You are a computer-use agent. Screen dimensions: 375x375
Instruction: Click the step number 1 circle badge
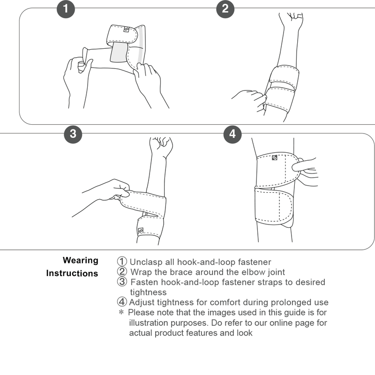[66, 8]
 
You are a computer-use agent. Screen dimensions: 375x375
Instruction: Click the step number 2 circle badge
[225, 8]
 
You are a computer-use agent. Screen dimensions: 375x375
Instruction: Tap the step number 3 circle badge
[73, 134]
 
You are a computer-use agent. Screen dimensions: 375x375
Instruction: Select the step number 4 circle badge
[232, 134]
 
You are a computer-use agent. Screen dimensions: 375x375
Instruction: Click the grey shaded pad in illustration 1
[119, 54]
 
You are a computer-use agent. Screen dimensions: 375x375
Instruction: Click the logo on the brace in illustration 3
[140, 231]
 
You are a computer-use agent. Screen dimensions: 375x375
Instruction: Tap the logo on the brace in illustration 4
[274, 157]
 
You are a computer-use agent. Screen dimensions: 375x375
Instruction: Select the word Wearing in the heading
[81, 261]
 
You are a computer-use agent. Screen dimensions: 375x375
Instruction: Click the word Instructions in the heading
[72, 273]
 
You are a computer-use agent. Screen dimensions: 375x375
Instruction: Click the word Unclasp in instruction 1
[144, 262]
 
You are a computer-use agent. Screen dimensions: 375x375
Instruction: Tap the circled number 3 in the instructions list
[122, 282]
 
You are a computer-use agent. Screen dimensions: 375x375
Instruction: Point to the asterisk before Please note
[120, 312]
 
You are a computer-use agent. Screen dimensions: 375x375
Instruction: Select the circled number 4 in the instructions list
[122, 302]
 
